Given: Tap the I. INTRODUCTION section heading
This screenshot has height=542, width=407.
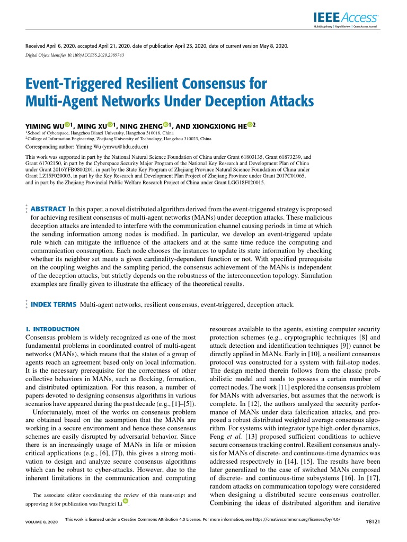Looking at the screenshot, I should pyautogui.click(x=52, y=329).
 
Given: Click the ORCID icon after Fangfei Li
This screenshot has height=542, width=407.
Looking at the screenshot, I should pyautogui.click(x=126, y=501).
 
